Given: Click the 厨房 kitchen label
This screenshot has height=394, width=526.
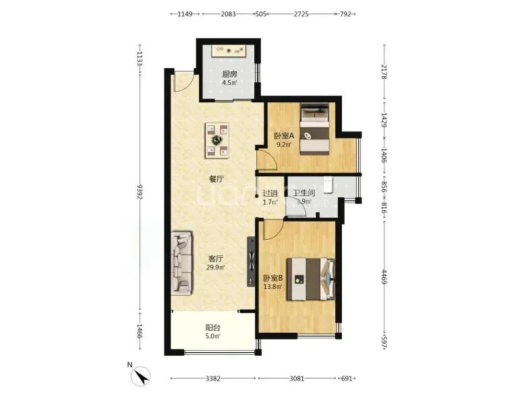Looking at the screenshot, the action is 229,74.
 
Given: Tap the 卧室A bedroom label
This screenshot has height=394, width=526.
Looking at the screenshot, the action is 284,135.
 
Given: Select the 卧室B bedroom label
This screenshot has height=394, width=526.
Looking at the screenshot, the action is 272,278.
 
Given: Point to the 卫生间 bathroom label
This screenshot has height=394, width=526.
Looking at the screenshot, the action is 304,193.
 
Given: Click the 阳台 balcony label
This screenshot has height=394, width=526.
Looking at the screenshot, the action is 212,327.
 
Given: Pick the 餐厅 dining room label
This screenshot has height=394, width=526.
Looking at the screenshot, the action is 216,179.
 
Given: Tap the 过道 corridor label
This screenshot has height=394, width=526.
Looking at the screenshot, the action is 270,193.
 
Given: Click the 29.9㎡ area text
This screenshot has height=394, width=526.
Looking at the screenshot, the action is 216,267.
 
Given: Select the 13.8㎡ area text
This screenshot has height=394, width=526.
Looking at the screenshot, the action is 272,287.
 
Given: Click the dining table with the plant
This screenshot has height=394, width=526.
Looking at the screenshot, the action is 217,140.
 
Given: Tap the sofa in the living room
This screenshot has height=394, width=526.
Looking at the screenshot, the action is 181,263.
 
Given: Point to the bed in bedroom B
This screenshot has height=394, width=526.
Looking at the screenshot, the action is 311,279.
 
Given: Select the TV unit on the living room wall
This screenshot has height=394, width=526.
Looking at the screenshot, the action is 251,262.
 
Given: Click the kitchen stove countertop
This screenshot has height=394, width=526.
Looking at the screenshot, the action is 229,51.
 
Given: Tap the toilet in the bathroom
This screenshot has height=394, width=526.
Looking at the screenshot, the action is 328,185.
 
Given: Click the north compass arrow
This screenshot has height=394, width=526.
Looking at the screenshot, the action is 141,376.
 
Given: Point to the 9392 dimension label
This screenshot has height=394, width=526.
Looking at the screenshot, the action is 140,192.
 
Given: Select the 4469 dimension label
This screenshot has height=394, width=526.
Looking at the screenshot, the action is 384,277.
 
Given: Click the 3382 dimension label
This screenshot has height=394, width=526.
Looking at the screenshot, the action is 213,379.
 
